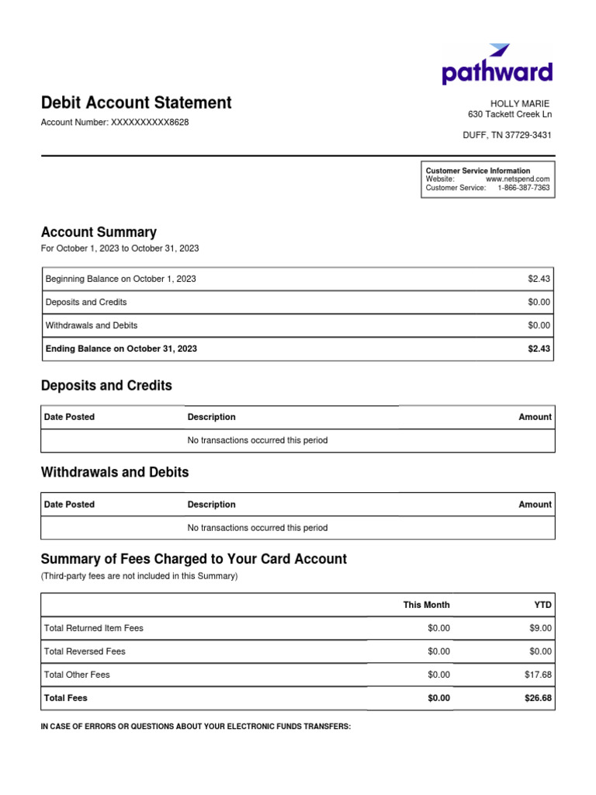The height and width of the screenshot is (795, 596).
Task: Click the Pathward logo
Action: tap(497, 65)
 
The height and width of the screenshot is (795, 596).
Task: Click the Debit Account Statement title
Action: tap(136, 102)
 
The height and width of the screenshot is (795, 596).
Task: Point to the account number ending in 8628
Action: tap(114, 123)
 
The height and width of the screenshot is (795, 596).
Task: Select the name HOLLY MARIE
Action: tap(519, 103)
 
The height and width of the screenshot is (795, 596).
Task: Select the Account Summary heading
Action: tap(99, 232)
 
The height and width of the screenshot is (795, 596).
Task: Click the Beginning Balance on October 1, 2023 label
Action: tap(120, 279)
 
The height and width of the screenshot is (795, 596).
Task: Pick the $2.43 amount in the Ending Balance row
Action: tap(539, 349)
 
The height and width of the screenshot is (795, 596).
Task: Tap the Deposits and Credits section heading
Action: tap(106, 386)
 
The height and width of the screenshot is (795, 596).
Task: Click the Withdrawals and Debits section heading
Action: tap(114, 472)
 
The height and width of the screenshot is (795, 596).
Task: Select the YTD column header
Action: tap(542, 605)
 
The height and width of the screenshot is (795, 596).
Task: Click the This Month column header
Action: tap(426, 605)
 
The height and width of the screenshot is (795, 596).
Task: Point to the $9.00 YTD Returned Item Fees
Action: tap(540, 628)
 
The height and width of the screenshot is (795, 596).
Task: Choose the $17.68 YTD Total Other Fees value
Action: tap(538, 675)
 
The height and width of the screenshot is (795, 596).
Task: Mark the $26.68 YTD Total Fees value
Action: tap(538, 698)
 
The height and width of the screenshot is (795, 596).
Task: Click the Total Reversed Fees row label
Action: tap(85, 651)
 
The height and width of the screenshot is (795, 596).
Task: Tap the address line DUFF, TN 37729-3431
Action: tap(507, 135)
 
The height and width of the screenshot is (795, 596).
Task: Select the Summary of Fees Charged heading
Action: tap(193, 559)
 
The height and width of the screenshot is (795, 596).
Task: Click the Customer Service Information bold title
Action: tap(478, 171)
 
